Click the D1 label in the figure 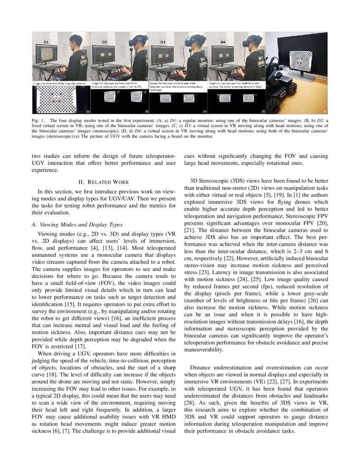[x=46, y=43]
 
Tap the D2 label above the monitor [x=104, y=43]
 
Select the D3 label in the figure [x=162, y=43]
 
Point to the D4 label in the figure [x=223, y=43]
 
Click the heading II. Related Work [x=104, y=182]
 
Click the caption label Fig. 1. [x=38, y=121]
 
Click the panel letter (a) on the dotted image [x=88, y=111]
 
